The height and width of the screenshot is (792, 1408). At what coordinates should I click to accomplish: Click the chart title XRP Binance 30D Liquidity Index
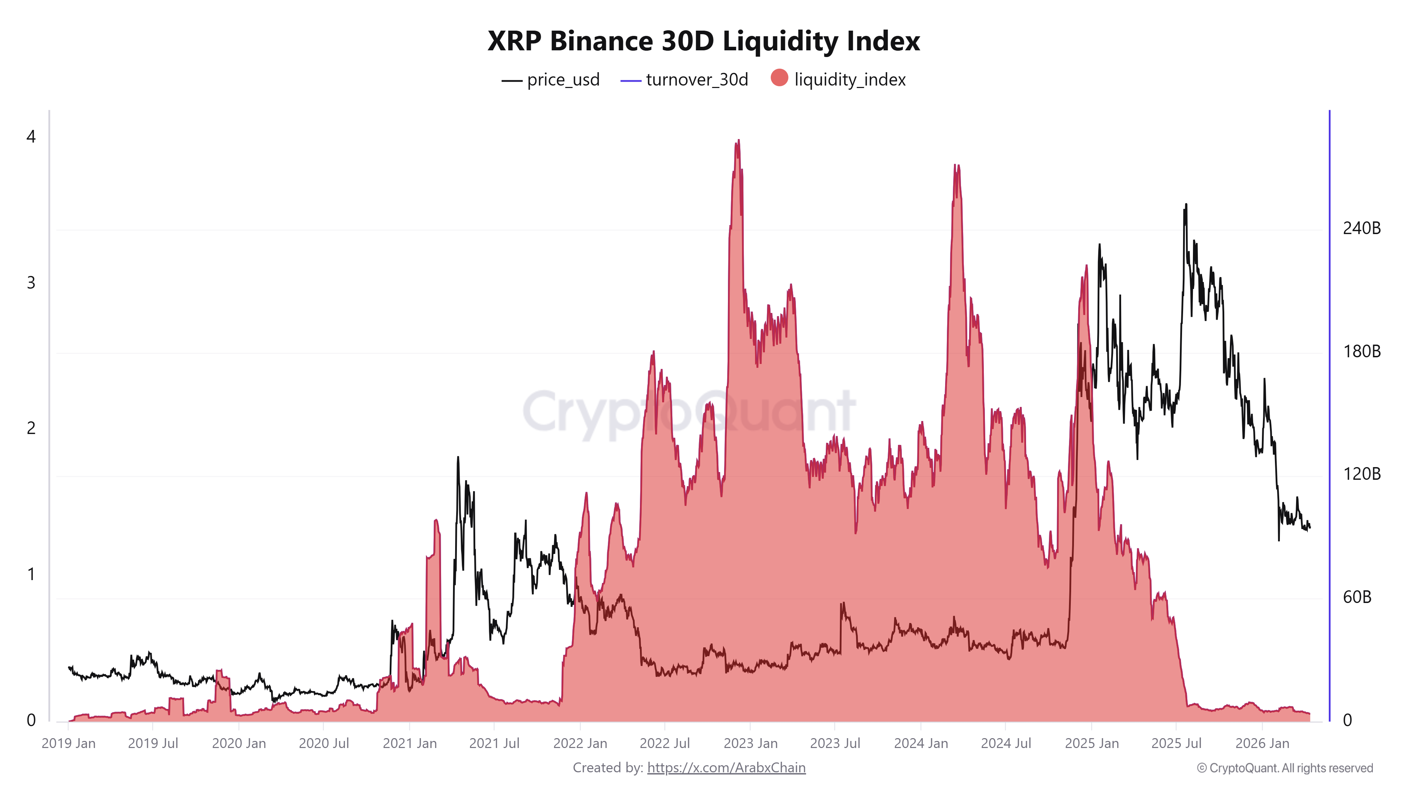tap(703, 41)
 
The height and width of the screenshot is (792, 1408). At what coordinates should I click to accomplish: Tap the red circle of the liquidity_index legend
tap(779, 78)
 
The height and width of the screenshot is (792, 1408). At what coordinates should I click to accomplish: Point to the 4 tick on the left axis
tap(31, 137)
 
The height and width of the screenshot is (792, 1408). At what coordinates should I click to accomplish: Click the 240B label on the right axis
tap(1361, 228)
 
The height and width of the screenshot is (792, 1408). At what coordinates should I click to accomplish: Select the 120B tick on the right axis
tap(1361, 473)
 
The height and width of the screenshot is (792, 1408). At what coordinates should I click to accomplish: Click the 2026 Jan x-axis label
tap(1262, 743)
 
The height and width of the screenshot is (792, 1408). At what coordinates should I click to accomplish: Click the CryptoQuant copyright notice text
tap(1284, 768)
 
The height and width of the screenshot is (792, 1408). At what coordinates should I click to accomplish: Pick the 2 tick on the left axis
tap(31, 428)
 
